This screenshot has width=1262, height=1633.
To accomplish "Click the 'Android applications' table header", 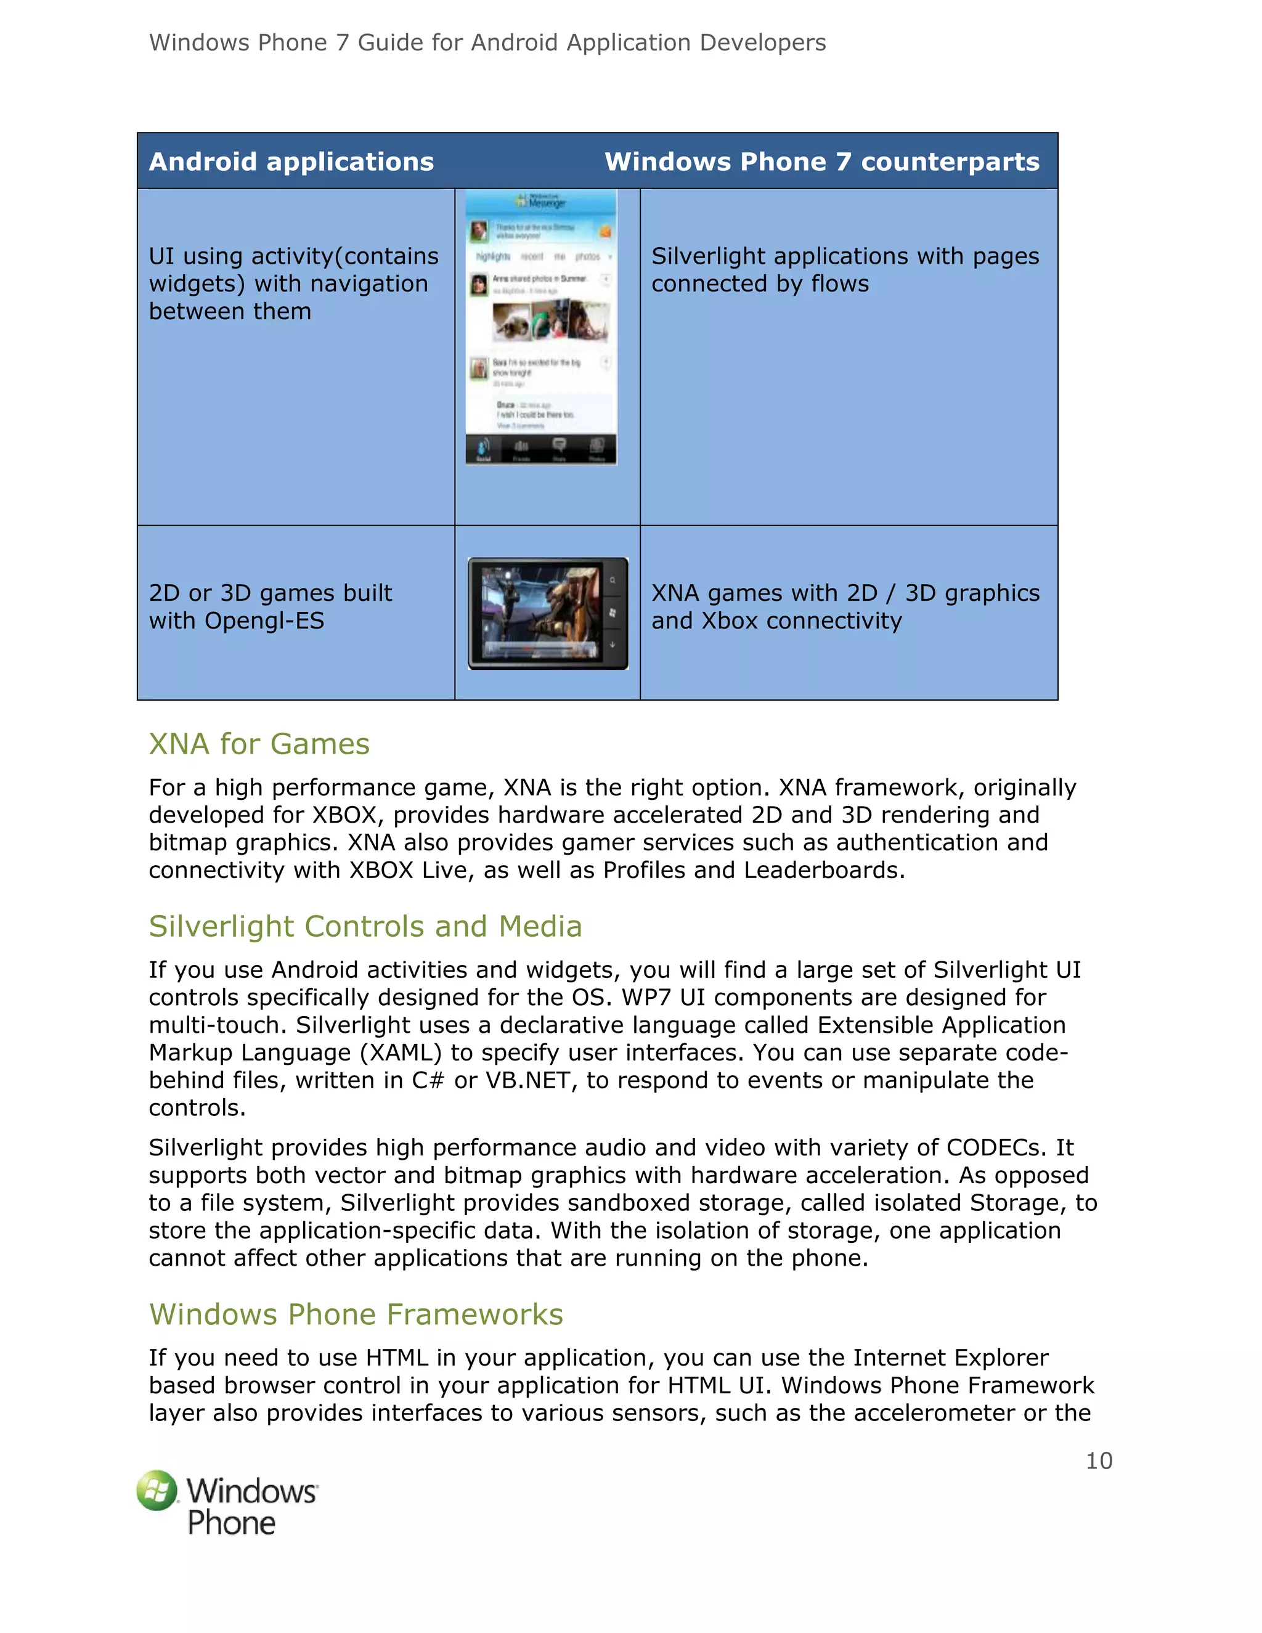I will tap(291, 161).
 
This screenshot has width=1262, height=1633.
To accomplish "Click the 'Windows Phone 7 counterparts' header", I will tap(821, 161).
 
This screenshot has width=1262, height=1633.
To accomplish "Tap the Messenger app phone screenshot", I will tap(541, 327).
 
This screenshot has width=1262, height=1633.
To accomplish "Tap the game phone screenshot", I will tap(547, 613).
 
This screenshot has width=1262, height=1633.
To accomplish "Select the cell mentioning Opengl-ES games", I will tap(270, 606).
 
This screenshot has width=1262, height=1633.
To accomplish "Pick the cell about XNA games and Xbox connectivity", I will tap(845, 606).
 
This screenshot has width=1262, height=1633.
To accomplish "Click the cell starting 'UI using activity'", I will tap(293, 283).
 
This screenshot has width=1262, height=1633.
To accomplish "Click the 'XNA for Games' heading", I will tap(259, 744).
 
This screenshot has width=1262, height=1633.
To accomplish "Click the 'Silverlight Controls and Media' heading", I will tap(365, 926).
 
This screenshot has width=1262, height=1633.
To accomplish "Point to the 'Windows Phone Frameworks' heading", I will tap(356, 1314).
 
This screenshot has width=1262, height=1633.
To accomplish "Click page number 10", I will tap(1098, 1460).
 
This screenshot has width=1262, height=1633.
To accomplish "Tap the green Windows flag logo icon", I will tap(157, 1490).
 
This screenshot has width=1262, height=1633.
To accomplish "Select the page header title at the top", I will tap(487, 43).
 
